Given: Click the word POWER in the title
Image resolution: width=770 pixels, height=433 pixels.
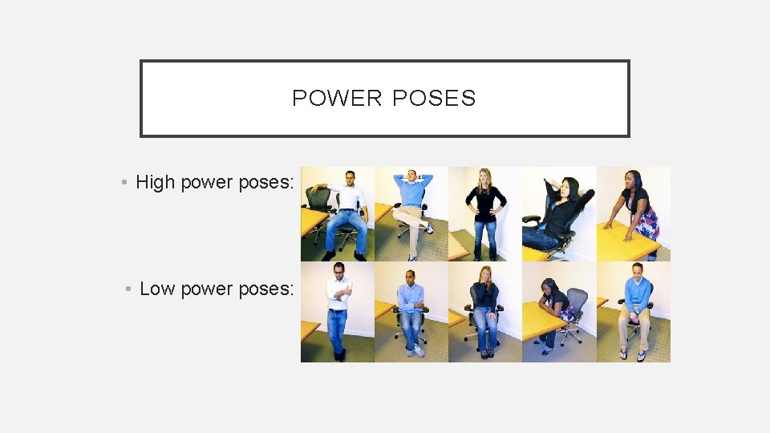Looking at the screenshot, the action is click(337, 98).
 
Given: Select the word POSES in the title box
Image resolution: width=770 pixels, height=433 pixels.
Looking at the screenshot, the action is click(434, 98).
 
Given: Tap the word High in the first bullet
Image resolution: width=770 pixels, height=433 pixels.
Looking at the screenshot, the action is click(155, 182).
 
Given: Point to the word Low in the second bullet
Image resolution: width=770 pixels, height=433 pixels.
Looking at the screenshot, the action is click(157, 288).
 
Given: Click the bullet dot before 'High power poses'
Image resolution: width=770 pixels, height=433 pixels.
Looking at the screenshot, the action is click(124, 183).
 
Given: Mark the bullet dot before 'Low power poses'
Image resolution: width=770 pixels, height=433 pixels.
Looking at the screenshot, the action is click(128, 289).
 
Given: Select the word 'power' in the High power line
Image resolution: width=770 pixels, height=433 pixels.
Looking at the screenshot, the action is click(207, 183).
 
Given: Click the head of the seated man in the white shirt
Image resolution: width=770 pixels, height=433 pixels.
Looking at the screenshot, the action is click(350, 178).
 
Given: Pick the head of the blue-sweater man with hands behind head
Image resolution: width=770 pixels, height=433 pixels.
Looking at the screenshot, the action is click(412, 176).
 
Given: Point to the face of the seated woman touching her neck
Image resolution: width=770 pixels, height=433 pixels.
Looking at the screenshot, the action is click(484, 274).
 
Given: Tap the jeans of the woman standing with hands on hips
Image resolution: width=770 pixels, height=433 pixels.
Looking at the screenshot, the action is click(485, 239).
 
